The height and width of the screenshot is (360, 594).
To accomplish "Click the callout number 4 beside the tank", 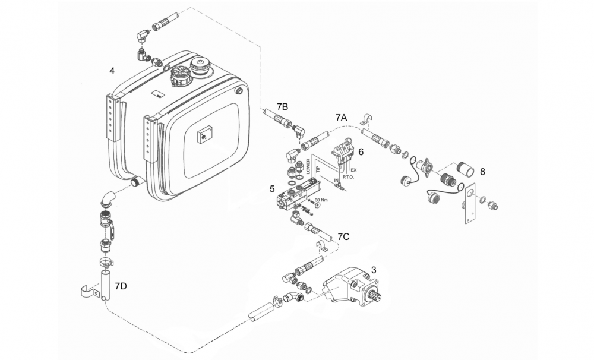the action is click(112, 71).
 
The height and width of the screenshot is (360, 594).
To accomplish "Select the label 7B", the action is click(282, 107).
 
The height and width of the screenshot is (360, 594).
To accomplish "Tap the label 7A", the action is click(342, 118).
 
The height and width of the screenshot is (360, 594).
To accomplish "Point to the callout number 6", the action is click(361, 152).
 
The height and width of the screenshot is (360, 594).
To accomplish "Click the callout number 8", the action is click(482, 172).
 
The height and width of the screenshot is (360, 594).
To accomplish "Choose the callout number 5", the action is click(272, 188).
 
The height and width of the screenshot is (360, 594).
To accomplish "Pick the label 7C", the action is click(343, 237).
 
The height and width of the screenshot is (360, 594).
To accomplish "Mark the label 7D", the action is click(121, 286).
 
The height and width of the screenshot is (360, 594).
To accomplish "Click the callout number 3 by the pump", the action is click(374, 270).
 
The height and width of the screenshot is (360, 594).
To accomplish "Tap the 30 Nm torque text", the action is click(321, 200).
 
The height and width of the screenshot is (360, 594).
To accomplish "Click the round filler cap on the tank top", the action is click(199, 65).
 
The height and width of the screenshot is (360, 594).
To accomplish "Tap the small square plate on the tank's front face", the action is click(204, 135).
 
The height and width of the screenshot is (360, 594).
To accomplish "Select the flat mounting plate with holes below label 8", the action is click(470, 204).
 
